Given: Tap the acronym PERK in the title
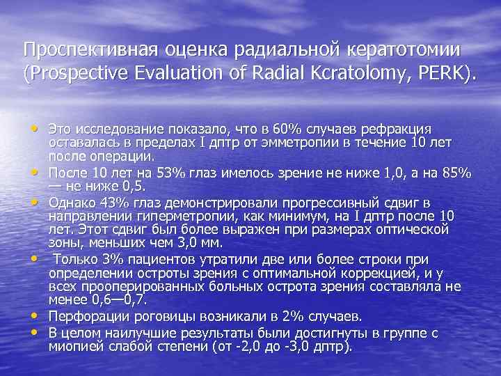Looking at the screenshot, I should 445,72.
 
